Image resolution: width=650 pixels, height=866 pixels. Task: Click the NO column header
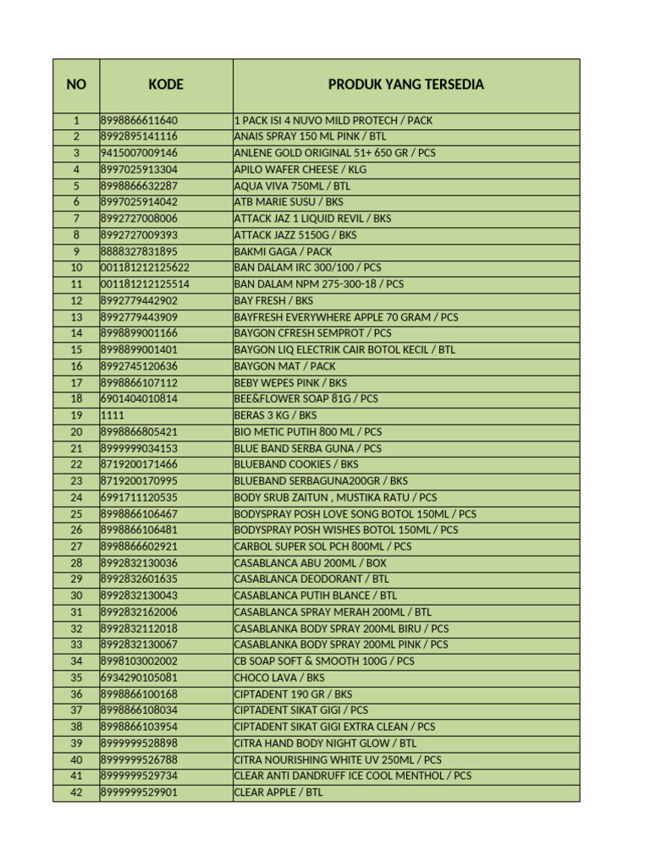(76, 85)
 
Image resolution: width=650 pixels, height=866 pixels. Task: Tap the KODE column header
(166, 85)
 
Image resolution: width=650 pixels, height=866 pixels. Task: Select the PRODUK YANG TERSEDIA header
(406, 85)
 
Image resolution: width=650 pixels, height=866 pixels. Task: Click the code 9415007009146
(139, 153)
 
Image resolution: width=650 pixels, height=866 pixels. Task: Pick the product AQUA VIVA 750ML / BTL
(292, 186)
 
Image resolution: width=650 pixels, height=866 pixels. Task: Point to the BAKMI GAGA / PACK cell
(283, 251)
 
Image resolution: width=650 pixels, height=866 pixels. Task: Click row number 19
(76, 415)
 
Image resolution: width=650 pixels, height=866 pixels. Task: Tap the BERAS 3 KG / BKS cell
(275, 415)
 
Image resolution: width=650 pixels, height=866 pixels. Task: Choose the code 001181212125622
(145, 267)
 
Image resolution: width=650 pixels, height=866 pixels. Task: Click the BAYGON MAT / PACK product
(284, 366)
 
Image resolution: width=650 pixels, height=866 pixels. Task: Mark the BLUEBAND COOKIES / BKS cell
(295, 464)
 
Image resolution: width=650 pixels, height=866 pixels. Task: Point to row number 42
(76, 792)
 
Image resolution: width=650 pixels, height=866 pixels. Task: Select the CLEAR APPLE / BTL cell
(278, 792)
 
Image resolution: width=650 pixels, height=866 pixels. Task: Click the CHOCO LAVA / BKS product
(279, 677)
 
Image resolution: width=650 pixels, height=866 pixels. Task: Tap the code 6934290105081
(139, 677)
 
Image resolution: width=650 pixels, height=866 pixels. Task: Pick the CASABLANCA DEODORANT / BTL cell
(311, 579)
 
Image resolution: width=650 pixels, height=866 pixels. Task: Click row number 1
(76, 120)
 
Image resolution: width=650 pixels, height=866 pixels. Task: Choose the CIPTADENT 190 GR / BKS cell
(293, 694)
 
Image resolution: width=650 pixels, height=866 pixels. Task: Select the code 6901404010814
(139, 398)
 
